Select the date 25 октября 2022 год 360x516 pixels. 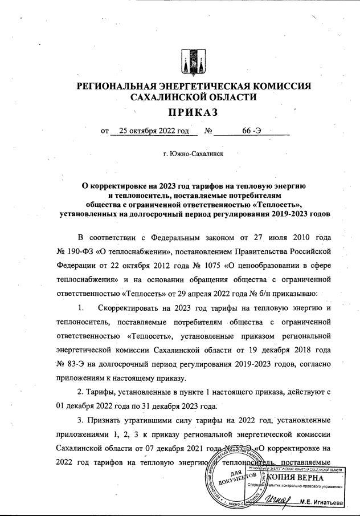coord(154,131)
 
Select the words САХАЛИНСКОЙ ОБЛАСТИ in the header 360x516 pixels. coord(194,97)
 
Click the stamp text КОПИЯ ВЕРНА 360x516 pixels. coord(296,477)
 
